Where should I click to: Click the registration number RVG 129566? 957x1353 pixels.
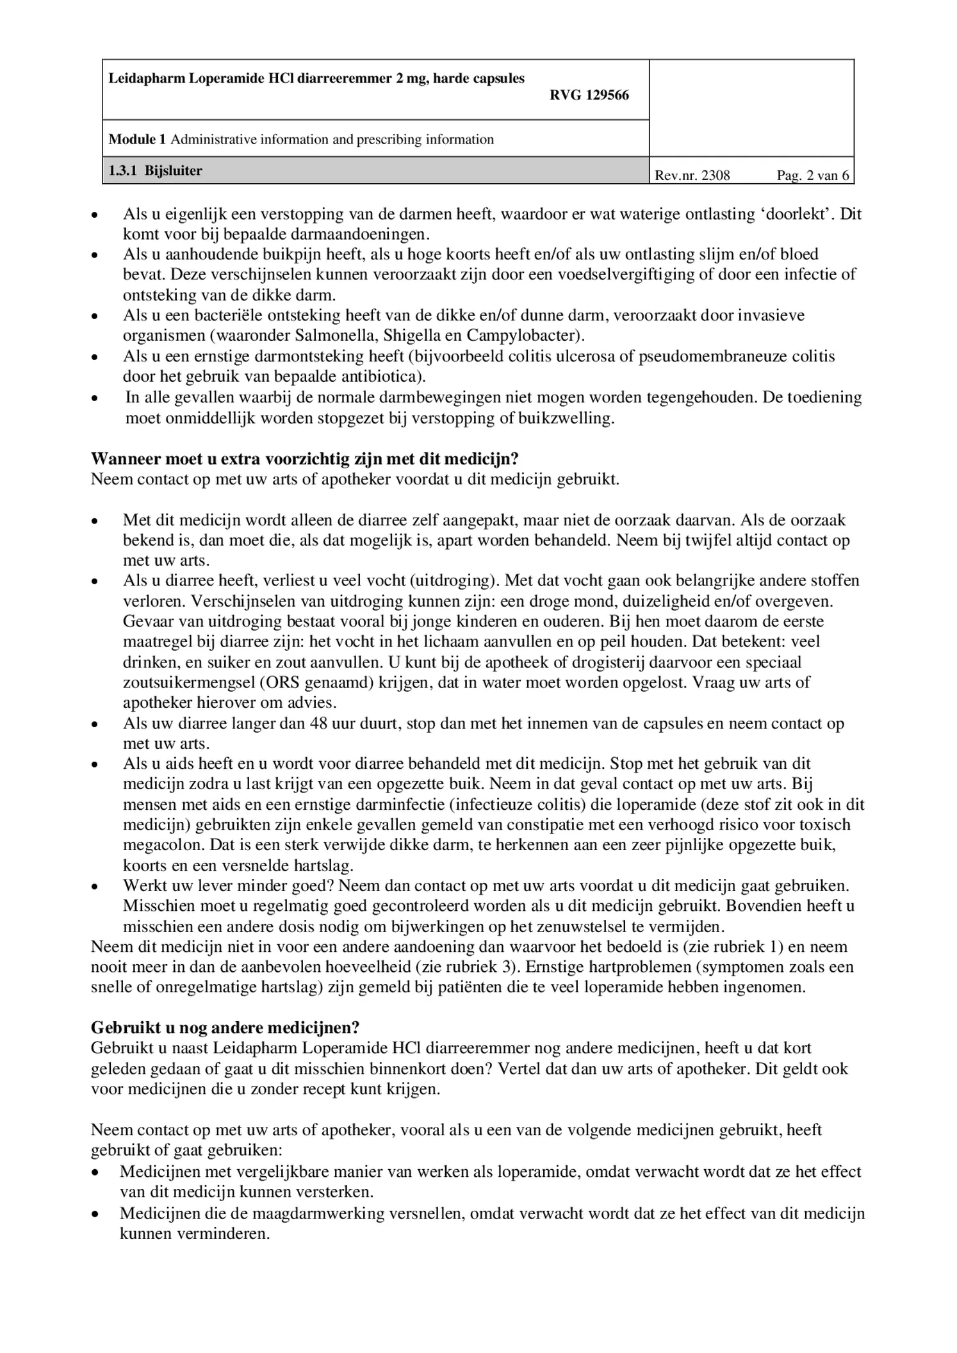(x=589, y=95)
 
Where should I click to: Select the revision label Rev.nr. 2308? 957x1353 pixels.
(x=692, y=176)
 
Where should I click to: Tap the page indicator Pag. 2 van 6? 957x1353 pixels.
(x=812, y=176)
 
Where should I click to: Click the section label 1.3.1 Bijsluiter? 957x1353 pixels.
(x=155, y=171)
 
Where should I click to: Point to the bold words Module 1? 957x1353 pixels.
(x=137, y=140)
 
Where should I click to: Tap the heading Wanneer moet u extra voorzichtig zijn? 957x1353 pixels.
(x=304, y=459)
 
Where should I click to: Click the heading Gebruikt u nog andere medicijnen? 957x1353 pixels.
(x=225, y=1028)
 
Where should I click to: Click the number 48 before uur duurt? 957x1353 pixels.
(x=318, y=723)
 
